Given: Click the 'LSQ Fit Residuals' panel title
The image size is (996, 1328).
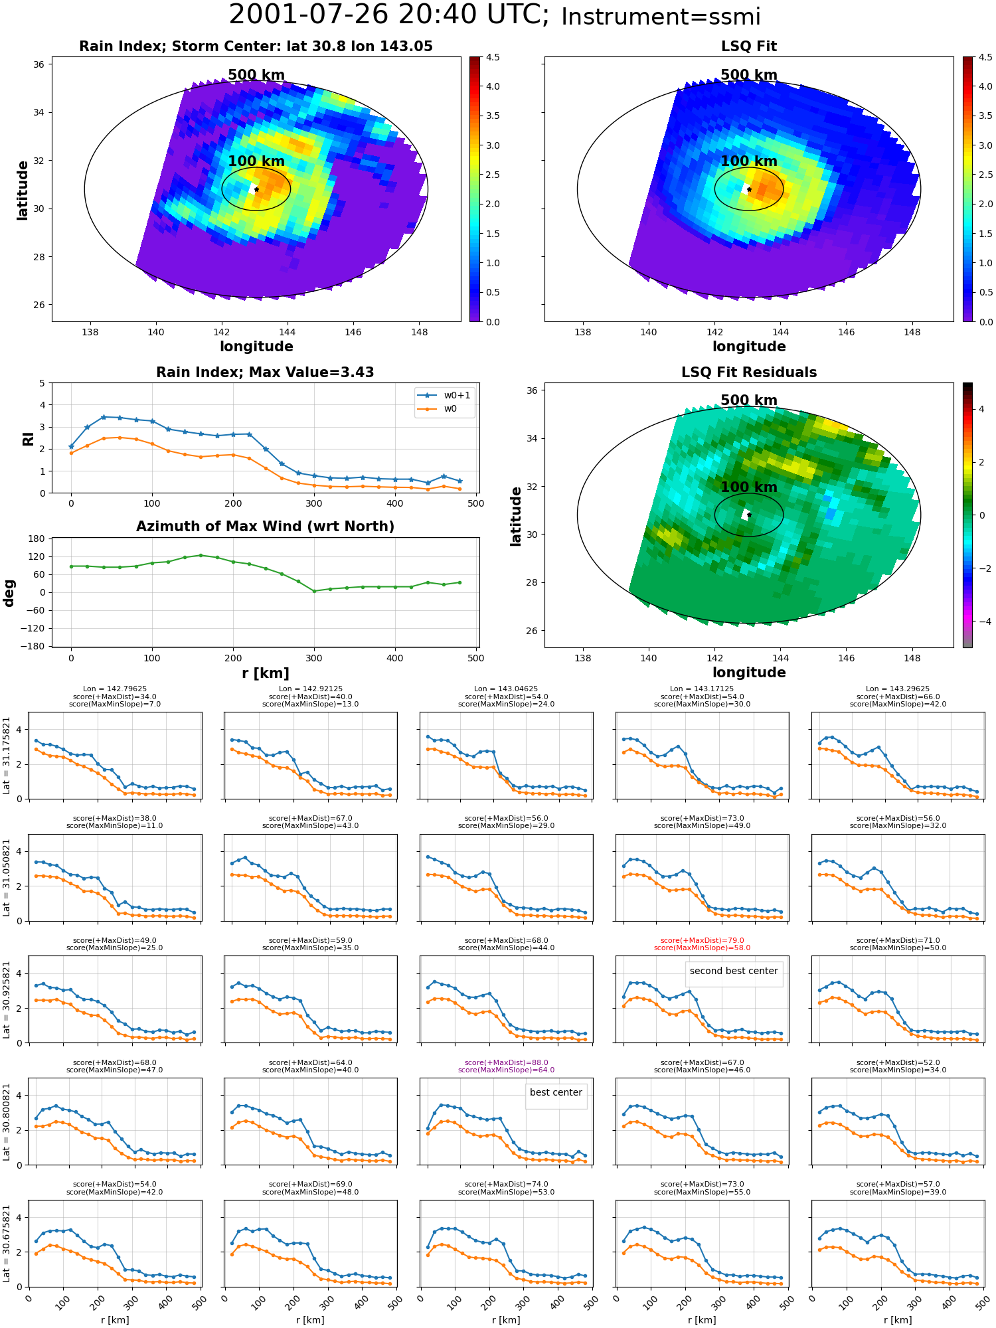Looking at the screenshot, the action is click(749, 373).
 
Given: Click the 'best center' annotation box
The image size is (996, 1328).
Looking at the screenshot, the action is click(556, 1092).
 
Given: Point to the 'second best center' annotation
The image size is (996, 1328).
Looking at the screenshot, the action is click(734, 971).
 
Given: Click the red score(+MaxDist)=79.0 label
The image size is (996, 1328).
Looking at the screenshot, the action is click(703, 940).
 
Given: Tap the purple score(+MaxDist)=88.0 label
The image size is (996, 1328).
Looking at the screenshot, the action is click(507, 1062).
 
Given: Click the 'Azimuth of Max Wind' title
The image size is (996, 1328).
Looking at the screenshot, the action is click(266, 527).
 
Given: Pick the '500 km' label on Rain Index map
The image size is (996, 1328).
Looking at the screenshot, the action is click(256, 75).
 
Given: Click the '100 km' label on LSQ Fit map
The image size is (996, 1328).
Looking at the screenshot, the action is click(749, 161).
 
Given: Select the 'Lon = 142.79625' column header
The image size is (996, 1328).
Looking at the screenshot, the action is click(115, 689).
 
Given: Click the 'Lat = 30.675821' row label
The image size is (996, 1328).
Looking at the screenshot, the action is click(7, 1244).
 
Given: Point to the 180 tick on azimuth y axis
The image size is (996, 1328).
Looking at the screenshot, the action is click(37, 539).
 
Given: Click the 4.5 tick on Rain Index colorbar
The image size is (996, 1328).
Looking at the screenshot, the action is click(492, 57).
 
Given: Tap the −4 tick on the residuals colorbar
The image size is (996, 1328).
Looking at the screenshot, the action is click(981, 622).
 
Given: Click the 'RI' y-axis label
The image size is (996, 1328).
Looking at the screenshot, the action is click(28, 439).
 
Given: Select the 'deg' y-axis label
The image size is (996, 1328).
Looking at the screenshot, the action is click(9, 593).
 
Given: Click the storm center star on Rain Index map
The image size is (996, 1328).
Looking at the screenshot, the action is click(256, 189).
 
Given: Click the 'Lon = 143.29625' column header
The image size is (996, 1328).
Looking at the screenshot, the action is click(898, 689).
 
